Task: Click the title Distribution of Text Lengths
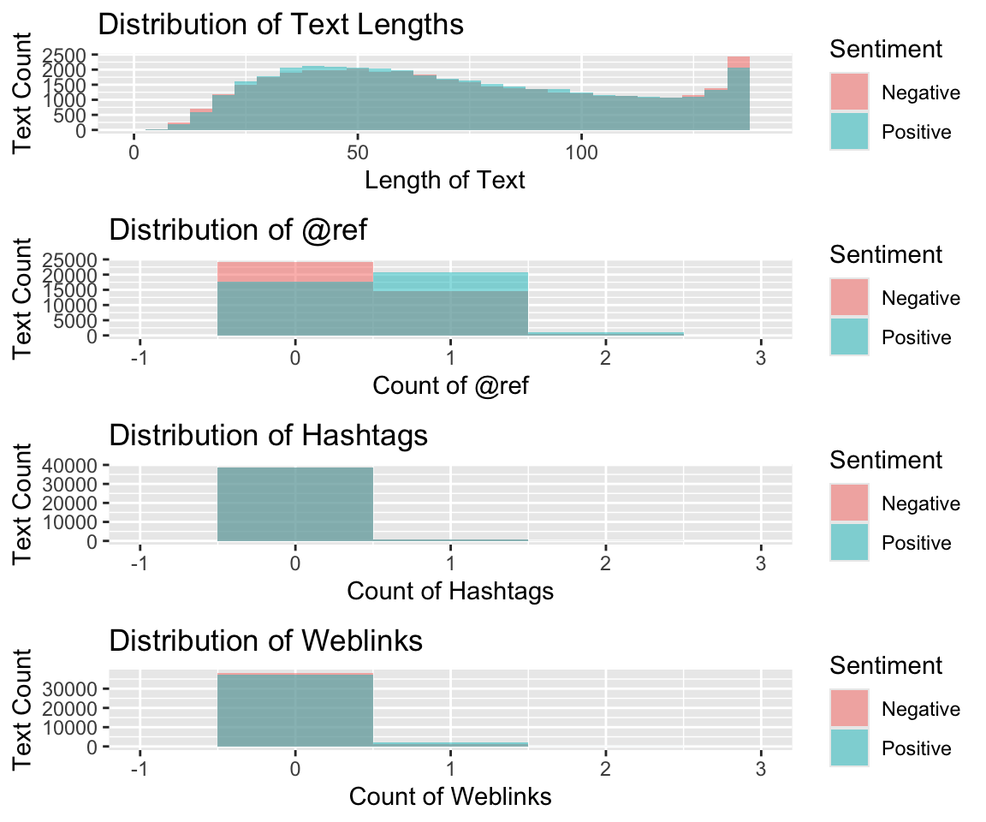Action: pyautogui.click(x=281, y=25)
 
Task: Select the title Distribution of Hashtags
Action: pyautogui.click(x=269, y=435)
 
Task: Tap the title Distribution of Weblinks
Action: pyautogui.click(x=266, y=640)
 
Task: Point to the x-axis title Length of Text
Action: pyautogui.click(x=445, y=181)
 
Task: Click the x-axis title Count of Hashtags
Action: pyautogui.click(x=450, y=591)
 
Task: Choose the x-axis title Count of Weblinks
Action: pyautogui.click(x=450, y=796)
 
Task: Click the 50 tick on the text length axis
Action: pyautogui.click(x=358, y=151)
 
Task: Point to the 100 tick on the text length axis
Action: pyautogui.click(x=581, y=151)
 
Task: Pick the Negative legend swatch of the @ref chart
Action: pyautogui.click(x=849, y=298)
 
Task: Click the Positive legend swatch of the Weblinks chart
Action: pyautogui.click(x=849, y=748)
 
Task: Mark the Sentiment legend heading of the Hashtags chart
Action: pyautogui.click(x=886, y=460)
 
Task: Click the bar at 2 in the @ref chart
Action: pyautogui.click(x=606, y=333)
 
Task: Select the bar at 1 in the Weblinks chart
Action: pyautogui.click(x=450, y=744)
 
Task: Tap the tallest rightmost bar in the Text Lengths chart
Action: pyautogui.click(x=739, y=94)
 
